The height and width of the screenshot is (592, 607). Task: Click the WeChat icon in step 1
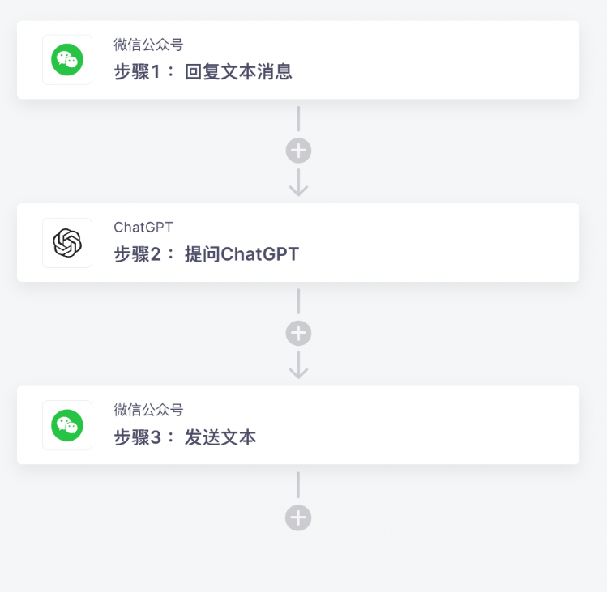tap(67, 60)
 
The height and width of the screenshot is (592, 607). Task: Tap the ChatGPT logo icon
tap(67, 243)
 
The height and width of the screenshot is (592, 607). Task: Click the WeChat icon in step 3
tap(67, 425)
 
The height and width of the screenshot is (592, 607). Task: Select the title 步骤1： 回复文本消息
tap(203, 72)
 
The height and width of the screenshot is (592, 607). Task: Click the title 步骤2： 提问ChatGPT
tap(207, 254)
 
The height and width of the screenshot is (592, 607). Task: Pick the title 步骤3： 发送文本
tap(185, 437)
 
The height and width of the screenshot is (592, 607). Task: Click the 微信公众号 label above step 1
tap(148, 45)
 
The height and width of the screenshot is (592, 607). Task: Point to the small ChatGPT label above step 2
tap(143, 228)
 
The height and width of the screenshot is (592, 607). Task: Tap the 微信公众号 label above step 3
tap(148, 410)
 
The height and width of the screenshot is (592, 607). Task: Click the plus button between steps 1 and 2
tap(298, 151)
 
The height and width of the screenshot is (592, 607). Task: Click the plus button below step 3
tap(298, 517)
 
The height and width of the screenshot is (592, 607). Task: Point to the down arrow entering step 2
tap(298, 182)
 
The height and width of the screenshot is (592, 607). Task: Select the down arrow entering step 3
tap(298, 365)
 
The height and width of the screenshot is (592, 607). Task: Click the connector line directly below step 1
tap(298, 119)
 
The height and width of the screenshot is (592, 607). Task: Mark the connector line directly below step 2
tap(298, 301)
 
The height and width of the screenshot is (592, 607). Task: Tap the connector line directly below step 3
tap(298, 485)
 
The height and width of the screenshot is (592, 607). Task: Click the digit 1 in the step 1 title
tap(156, 72)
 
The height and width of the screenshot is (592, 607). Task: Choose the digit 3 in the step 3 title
tap(156, 437)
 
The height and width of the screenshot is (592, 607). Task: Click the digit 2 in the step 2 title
tap(156, 254)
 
